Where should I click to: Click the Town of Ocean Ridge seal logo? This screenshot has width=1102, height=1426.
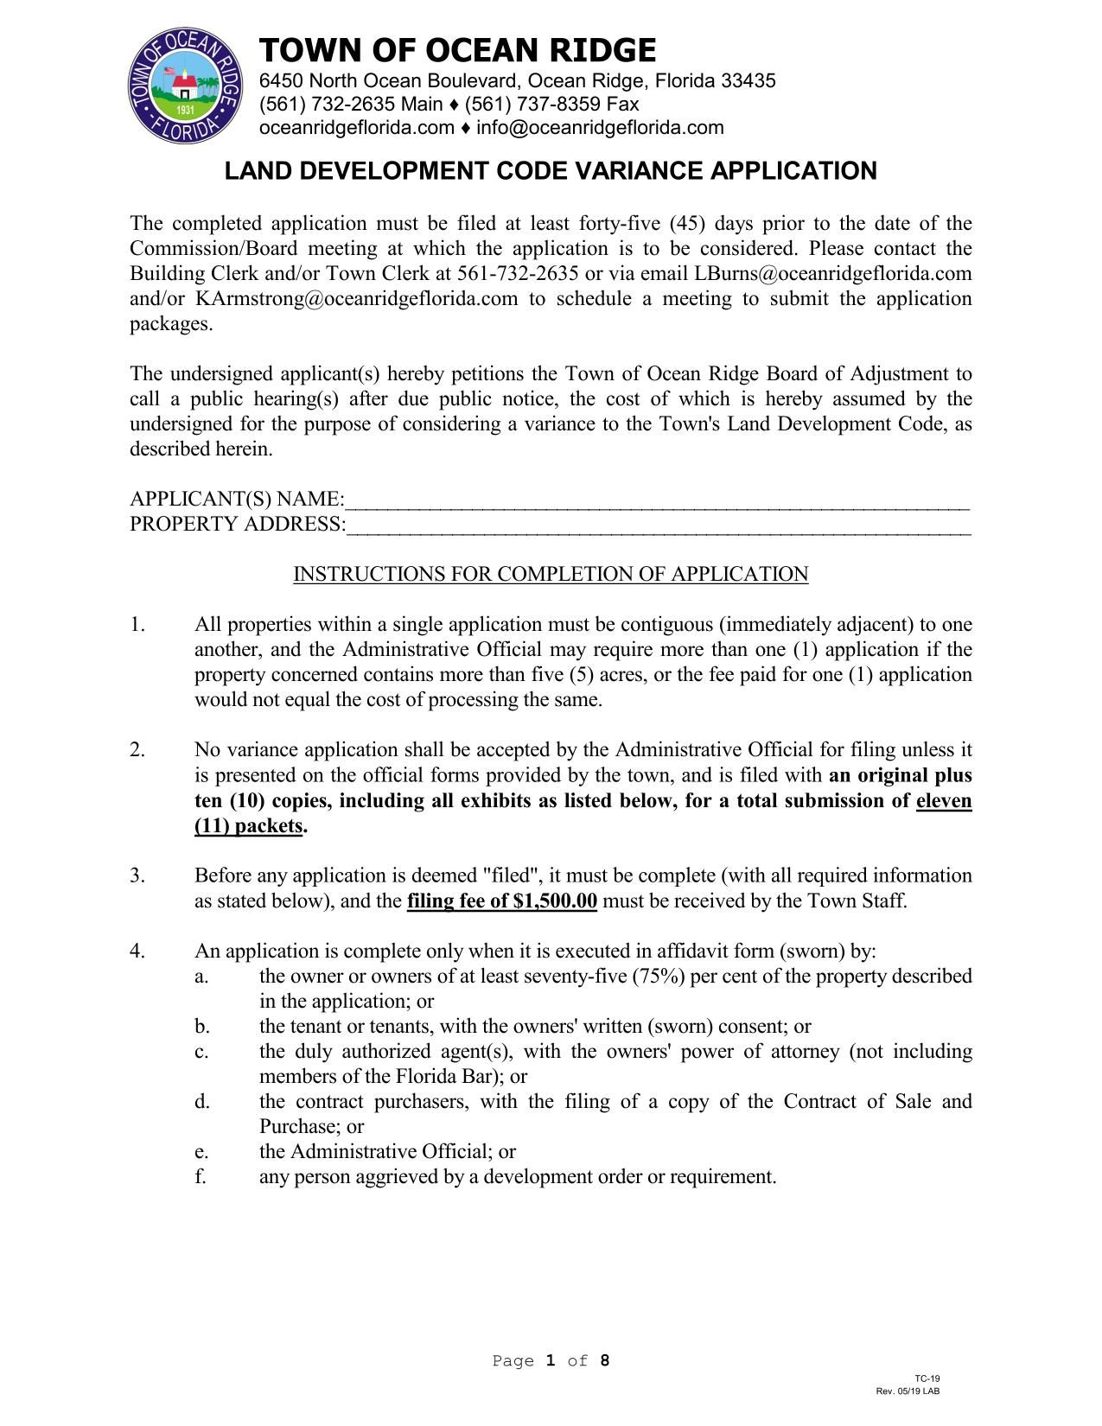183,86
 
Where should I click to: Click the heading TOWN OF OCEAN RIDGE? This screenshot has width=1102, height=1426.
457,50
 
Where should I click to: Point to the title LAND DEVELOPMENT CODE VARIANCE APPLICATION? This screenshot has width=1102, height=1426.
551,171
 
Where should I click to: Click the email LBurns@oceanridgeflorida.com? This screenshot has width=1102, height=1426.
833,274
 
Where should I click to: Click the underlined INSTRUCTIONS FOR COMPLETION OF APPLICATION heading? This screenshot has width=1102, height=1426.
551,575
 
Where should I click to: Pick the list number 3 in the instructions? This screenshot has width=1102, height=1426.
137,875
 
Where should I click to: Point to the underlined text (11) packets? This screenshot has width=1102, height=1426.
249,826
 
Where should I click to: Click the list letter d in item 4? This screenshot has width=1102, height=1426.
201,1102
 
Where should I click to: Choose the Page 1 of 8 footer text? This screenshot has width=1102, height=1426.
551,1361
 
